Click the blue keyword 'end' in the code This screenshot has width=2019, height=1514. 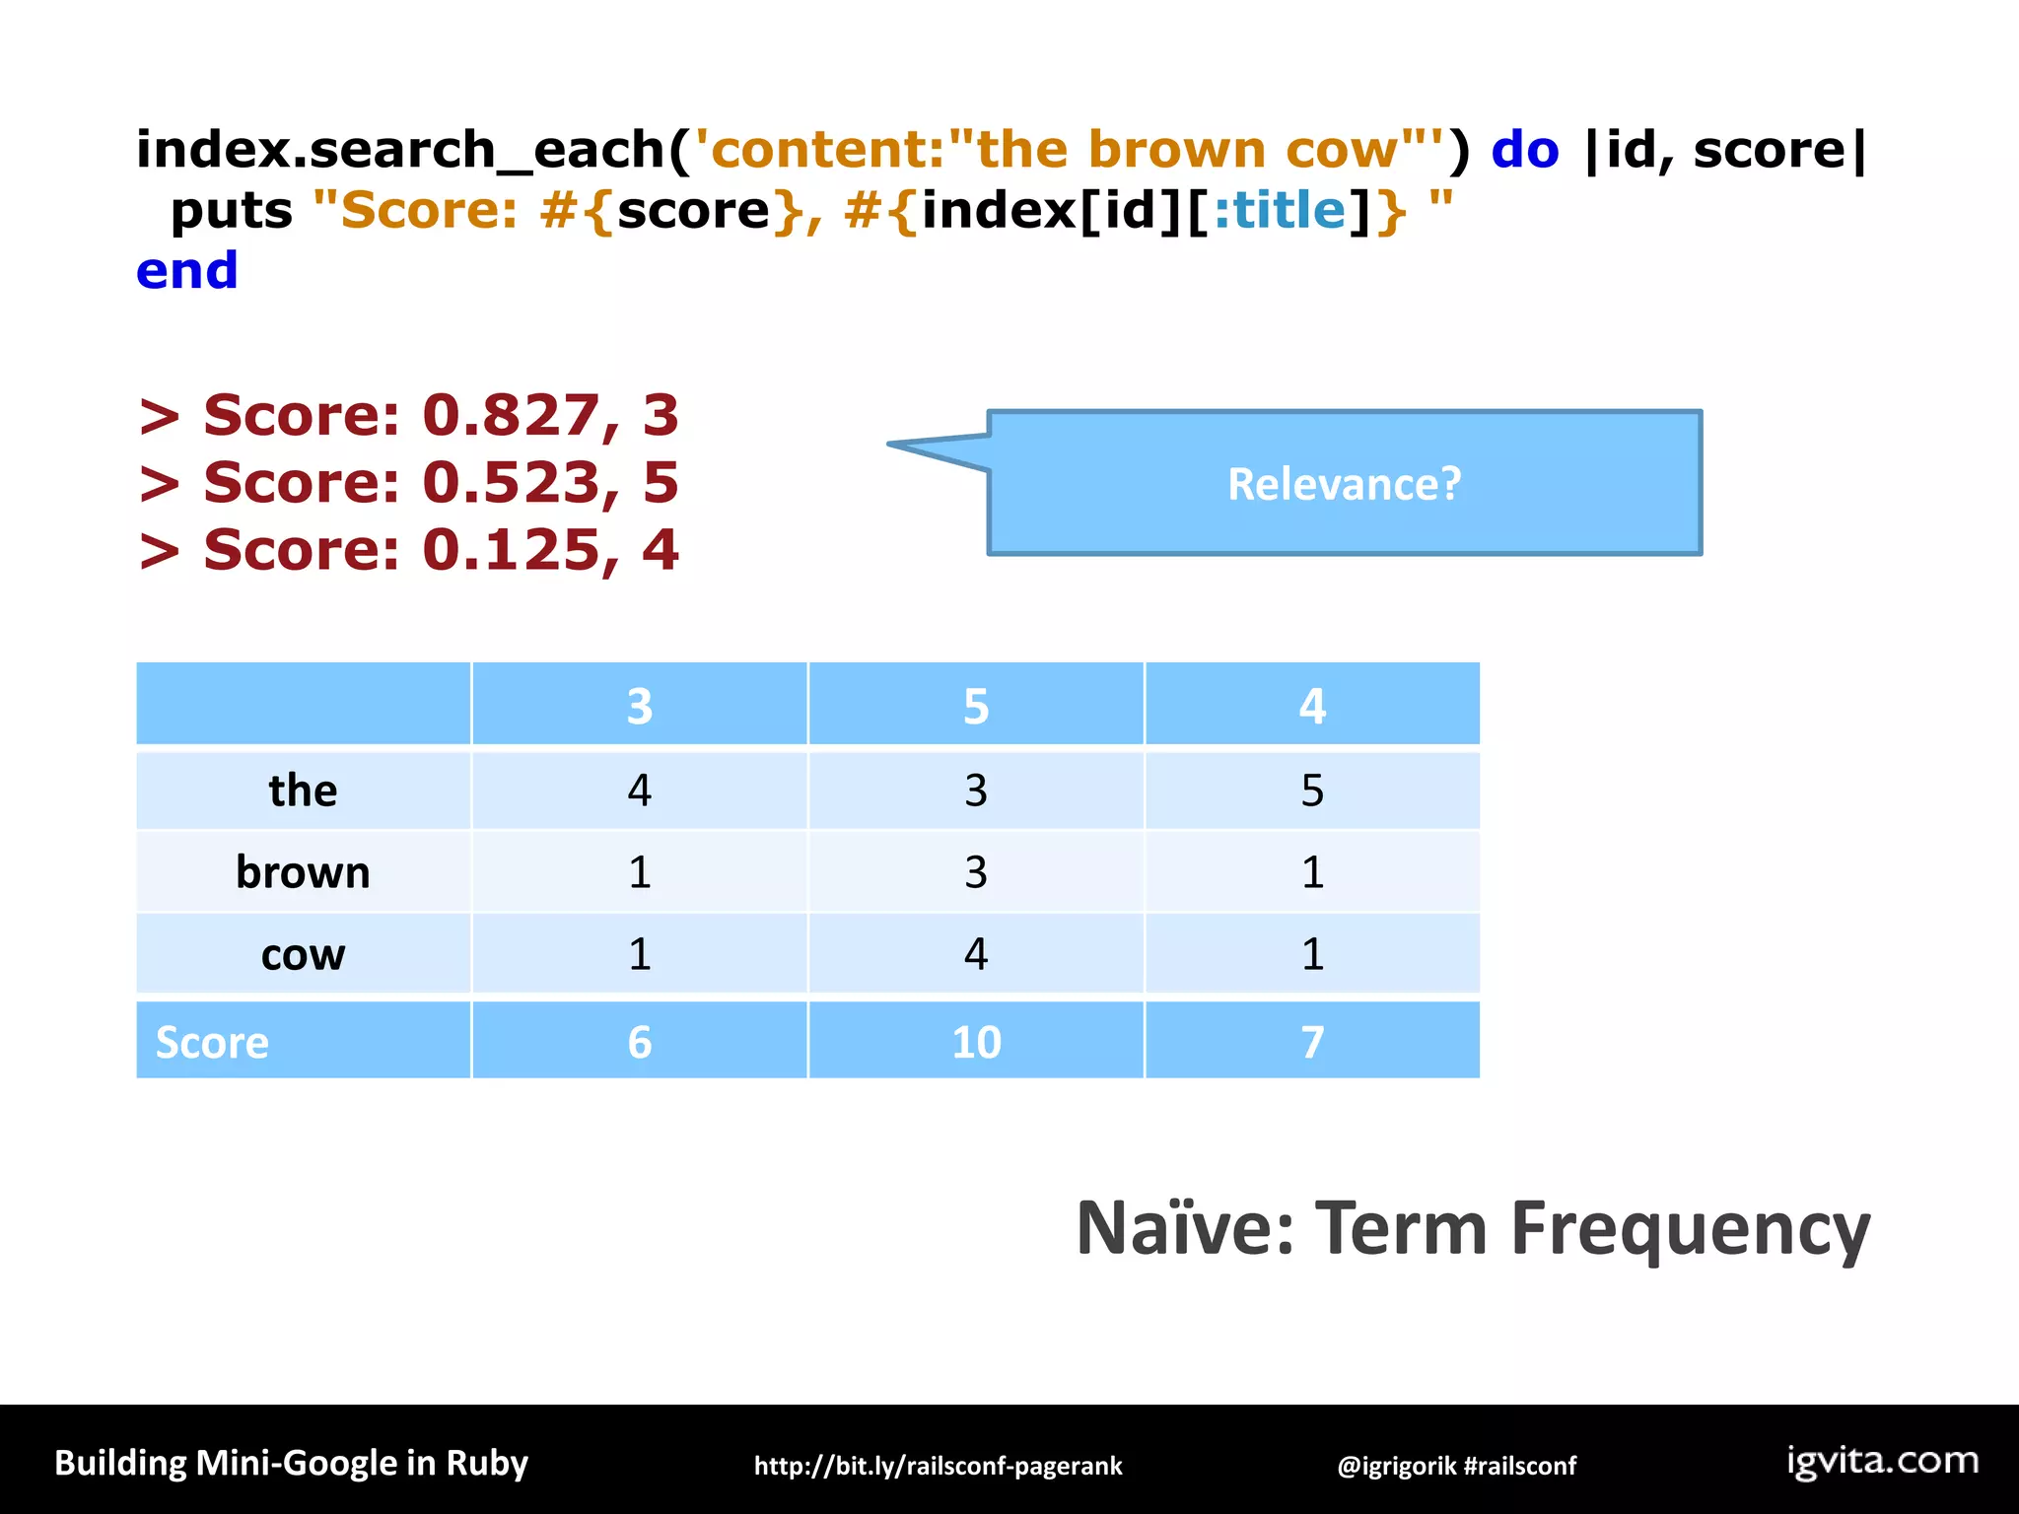[187, 271]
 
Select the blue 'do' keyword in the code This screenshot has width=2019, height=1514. [1524, 150]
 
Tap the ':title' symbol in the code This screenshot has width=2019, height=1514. [1279, 211]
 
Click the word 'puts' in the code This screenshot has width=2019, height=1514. [232, 211]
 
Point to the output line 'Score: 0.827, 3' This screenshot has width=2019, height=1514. [409, 415]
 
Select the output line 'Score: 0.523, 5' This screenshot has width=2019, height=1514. [409, 482]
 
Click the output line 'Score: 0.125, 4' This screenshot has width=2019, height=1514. [409, 549]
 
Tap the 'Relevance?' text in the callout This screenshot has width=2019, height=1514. [1344, 484]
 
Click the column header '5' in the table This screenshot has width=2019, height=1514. [975, 706]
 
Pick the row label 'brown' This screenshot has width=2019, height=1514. [303, 872]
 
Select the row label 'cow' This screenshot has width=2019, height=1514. [303, 954]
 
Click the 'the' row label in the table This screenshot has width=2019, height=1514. [303, 791]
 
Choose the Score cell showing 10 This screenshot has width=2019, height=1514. [975, 1042]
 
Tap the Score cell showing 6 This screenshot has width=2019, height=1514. [639, 1042]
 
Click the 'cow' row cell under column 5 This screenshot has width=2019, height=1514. [975, 954]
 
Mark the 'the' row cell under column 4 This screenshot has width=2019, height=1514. [1311, 791]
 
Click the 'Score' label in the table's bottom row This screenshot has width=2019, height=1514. [212, 1042]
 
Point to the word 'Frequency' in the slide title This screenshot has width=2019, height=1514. [1690, 1229]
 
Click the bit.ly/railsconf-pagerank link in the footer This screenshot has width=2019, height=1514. [938, 1466]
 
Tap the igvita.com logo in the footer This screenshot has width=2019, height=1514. [1882, 1461]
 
